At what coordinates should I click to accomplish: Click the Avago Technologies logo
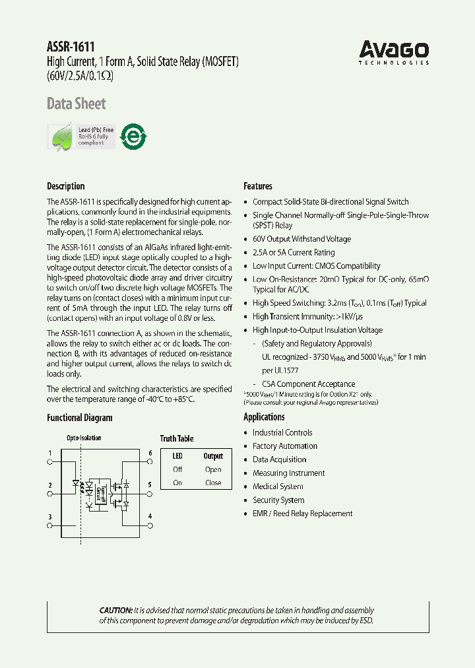(394, 51)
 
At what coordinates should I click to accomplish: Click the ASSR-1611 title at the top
(71, 47)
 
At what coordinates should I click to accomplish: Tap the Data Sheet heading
(76, 104)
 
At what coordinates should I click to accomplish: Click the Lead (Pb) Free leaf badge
(82, 137)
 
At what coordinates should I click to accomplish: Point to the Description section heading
(65, 186)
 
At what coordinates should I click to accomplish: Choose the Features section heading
(257, 186)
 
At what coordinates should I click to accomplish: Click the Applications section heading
(264, 417)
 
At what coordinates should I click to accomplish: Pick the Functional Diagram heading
(79, 418)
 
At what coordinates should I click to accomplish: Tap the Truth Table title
(177, 438)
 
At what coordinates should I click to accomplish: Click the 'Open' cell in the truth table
(213, 470)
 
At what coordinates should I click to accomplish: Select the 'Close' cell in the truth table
(213, 483)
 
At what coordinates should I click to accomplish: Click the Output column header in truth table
(213, 456)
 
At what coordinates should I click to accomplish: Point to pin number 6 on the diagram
(150, 453)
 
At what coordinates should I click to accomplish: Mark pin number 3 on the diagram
(49, 516)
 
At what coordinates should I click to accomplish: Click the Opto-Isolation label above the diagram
(84, 438)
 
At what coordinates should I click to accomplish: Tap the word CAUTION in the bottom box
(115, 611)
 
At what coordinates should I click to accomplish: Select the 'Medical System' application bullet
(279, 486)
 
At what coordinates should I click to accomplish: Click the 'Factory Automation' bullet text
(284, 446)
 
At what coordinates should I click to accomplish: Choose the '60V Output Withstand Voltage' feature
(301, 239)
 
